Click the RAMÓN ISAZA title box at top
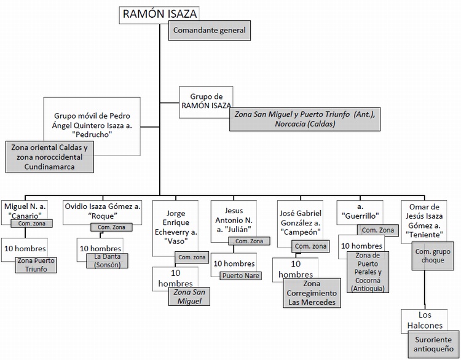pos(160,15)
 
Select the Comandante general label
pos(210,30)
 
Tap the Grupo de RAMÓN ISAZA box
pos(205,101)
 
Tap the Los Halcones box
pos(424,319)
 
